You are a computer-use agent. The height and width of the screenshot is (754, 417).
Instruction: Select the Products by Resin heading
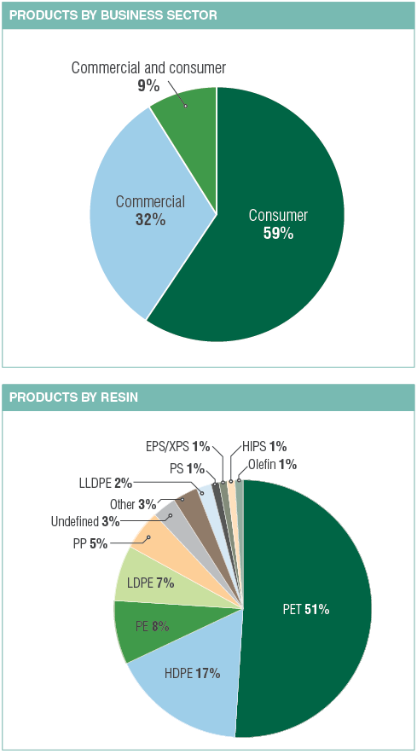(74, 397)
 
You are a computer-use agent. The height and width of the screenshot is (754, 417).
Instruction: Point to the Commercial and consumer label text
(148, 67)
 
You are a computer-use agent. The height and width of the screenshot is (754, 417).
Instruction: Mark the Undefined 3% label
(85, 521)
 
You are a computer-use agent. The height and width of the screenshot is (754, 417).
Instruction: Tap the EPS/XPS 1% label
(177, 446)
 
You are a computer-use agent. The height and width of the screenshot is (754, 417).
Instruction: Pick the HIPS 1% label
(265, 446)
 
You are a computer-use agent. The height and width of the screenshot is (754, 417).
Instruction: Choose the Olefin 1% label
(273, 465)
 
